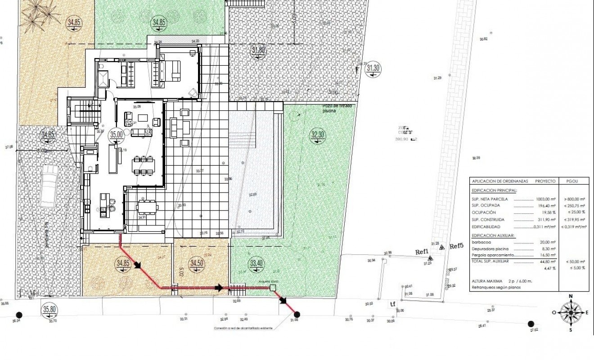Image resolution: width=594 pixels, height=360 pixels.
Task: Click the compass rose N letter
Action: (x=571, y=296)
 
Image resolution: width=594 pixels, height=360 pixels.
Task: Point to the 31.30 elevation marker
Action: (x=373, y=68)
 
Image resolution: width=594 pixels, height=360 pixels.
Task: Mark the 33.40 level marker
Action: (x=256, y=263)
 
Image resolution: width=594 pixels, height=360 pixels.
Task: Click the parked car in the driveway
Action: (x=48, y=186)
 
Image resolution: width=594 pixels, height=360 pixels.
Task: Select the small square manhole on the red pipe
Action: (x=272, y=288)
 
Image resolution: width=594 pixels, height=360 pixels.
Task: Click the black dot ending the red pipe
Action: (x=297, y=315)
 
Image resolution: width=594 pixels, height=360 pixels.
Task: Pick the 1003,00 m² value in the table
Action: (x=546, y=199)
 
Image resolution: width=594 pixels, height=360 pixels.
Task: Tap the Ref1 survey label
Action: (x=421, y=252)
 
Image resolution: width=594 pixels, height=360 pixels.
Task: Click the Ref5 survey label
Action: (x=456, y=246)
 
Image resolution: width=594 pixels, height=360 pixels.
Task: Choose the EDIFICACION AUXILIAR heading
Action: (x=493, y=235)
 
